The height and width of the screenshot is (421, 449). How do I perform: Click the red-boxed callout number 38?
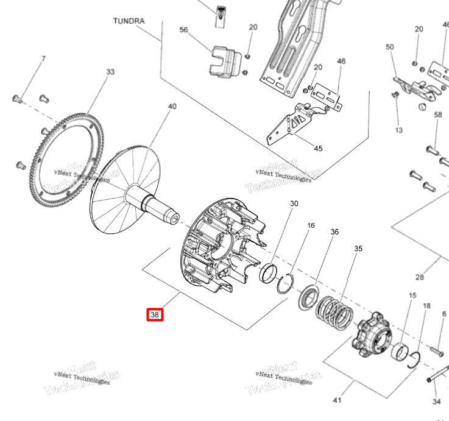(155, 315)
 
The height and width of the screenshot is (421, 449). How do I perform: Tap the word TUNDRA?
(129, 21)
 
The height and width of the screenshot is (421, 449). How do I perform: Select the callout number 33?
(110, 72)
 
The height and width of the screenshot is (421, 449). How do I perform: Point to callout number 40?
(172, 107)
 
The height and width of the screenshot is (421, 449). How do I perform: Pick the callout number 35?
(358, 249)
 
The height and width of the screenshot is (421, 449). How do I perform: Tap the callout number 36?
(334, 232)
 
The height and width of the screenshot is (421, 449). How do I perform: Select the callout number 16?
(311, 225)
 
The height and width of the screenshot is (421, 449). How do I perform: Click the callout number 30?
(294, 203)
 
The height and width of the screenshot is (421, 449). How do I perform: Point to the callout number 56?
(183, 29)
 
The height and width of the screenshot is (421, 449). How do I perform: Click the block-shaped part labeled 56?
(224, 63)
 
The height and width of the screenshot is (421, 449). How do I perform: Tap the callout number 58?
(437, 115)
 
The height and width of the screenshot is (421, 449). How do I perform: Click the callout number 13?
(399, 130)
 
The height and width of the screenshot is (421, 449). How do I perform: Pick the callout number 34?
(436, 402)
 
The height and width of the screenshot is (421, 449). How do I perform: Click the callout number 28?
(419, 277)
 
